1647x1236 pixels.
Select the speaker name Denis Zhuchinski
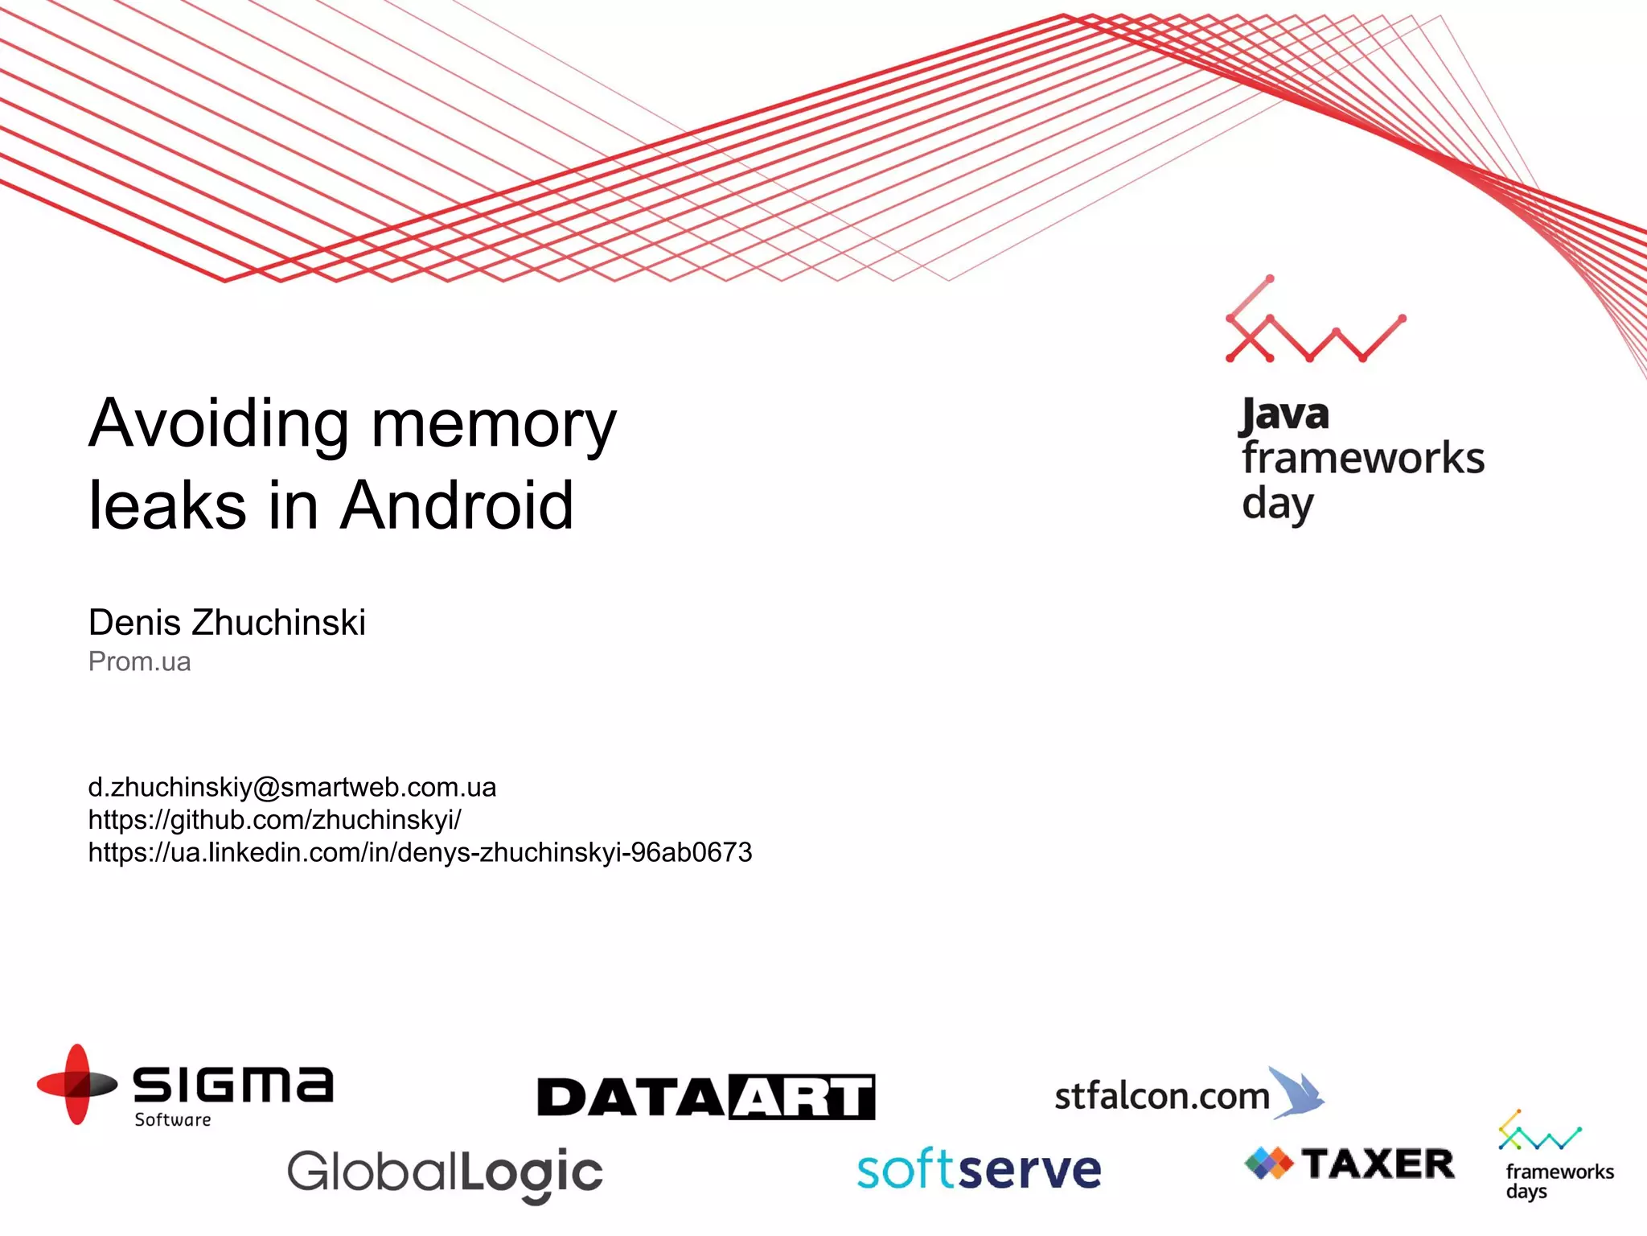click(227, 622)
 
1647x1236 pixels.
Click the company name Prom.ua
click(139, 661)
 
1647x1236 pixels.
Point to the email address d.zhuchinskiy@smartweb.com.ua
click(292, 787)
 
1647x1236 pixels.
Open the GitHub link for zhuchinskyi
click(274, 819)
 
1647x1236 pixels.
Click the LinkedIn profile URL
click(420, 852)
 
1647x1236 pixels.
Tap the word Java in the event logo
click(1284, 415)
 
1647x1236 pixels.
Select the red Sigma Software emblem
click(77, 1084)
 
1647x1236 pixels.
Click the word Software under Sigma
click(173, 1119)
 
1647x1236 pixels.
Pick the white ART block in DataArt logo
click(803, 1097)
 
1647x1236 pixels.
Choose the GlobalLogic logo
click(445, 1173)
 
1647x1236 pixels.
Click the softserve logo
click(979, 1170)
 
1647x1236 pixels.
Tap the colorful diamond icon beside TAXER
click(1268, 1164)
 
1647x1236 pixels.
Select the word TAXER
click(1378, 1164)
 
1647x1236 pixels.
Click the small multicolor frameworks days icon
click(1538, 1131)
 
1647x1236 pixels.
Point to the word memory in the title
click(494, 424)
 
